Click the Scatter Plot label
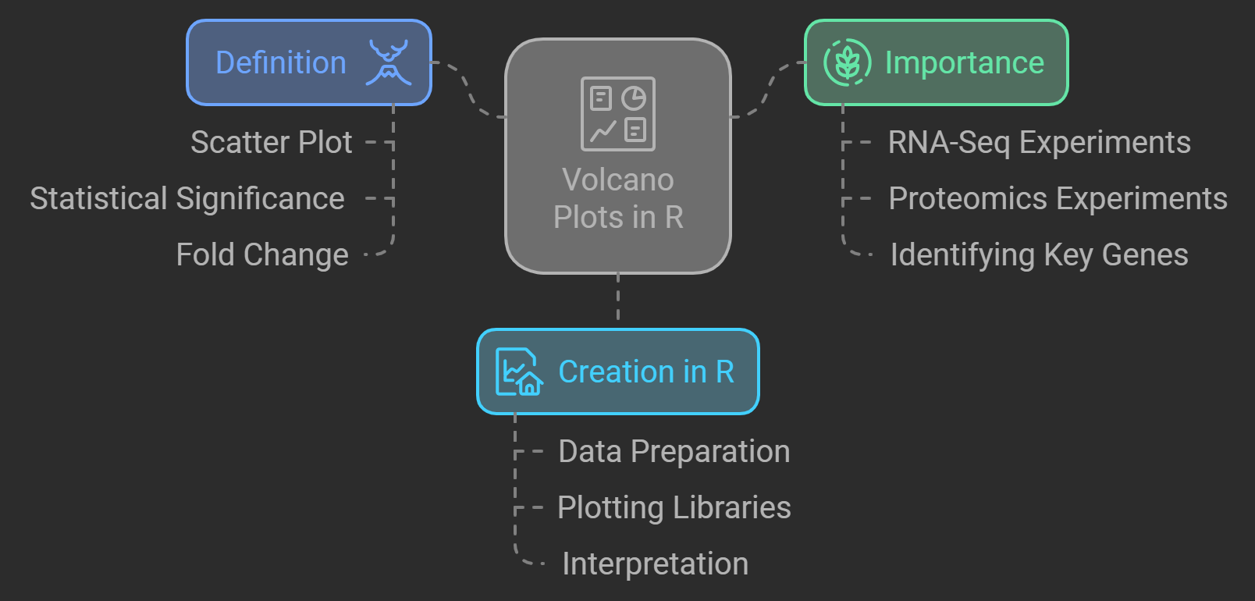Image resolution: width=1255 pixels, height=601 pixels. pyautogui.click(x=272, y=143)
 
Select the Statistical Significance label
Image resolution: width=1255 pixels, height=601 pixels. pyautogui.click(x=187, y=199)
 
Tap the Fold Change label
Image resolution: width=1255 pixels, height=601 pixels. pyautogui.click(x=262, y=255)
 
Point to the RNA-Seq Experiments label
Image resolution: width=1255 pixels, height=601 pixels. pyautogui.click(x=1039, y=143)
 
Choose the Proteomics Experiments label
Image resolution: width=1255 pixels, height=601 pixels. pyautogui.click(x=1058, y=199)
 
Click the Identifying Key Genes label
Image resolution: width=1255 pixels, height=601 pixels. pyautogui.click(x=1039, y=255)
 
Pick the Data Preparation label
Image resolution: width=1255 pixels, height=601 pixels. pyautogui.click(x=674, y=452)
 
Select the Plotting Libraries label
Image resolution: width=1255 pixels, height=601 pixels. pyautogui.click(x=674, y=508)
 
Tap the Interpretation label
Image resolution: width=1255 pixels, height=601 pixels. pyautogui.click(x=656, y=564)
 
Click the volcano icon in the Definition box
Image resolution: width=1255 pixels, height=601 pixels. pyautogui.click(x=389, y=62)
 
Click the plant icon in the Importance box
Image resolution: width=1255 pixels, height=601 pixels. pyautogui.click(x=847, y=62)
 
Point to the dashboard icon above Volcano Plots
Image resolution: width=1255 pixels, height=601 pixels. pyautogui.click(x=618, y=114)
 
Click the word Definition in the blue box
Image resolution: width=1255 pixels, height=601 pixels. pyautogui.click(x=281, y=62)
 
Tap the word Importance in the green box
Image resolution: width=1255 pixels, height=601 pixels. pyautogui.click(x=965, y=62)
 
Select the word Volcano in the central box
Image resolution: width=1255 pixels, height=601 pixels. pyautogui.click(x=618, y=180)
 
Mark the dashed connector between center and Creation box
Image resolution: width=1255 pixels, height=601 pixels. pyautogui.click(x=618, y=300)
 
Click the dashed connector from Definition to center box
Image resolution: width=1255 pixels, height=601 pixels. pyautogui.click(x=469, y=90)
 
